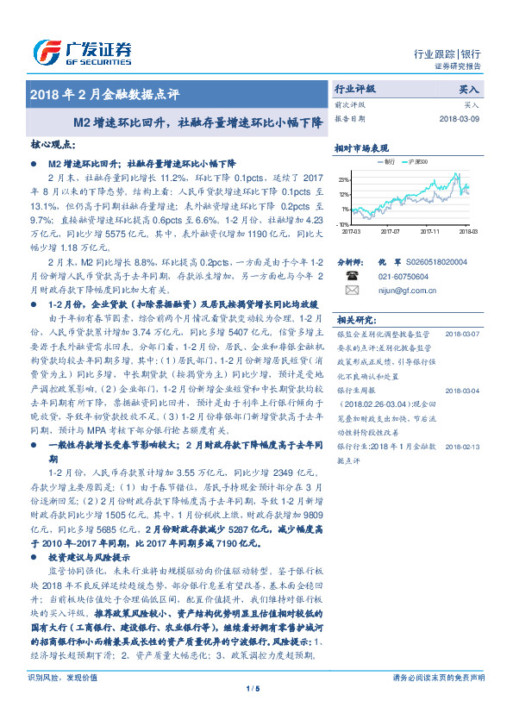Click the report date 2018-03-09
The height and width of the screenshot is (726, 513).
pyautogui.click(x=463, y=119)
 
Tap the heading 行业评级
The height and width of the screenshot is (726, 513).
pyautogui.click(x=354, y=89)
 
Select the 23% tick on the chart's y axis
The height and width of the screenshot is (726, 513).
pyautogui.click(x=344, y=179)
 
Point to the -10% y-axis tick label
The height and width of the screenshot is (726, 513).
pyautogui.click(x=343, y=223)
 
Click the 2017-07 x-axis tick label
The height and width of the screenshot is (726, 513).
pyautogui.click(x=390, y=231)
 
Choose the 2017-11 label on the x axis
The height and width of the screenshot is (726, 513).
pyautogui.click(x=430, y=231)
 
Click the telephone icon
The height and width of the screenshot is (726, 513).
pyautogui.click(x=351, y=275)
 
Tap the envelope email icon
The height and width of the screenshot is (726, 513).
pyautogui.click(x=351, y=291)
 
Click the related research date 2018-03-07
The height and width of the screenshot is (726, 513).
pyautogui.click(x=463, y=332)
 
